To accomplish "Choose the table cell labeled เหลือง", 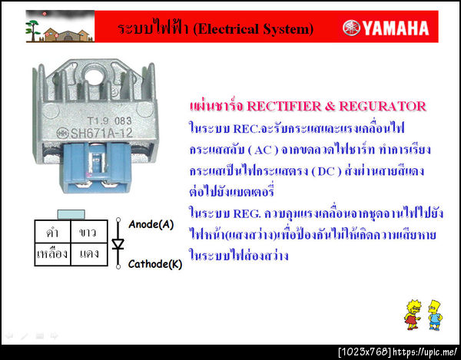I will [x=52, y=253].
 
